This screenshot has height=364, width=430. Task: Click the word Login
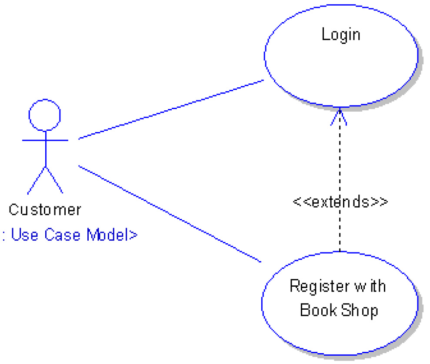(x=341, y=34)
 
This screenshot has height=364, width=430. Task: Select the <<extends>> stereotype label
(x=340, y=202)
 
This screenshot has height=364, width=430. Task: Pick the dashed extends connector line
(x=340, y=165)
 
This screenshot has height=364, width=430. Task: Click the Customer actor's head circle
(x=44, y=115)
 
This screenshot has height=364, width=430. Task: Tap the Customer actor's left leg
(x=36, y=180)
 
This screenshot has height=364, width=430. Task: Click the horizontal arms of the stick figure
(x=45, y=140)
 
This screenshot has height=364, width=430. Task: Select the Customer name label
(x=45, y=210)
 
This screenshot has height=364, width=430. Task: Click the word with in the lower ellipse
(x=370, y=287)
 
